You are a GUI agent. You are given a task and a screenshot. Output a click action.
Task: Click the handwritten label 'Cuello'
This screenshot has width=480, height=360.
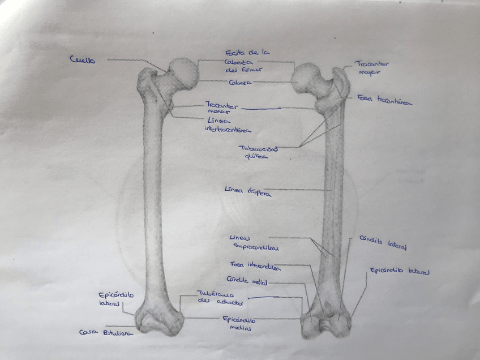pos(83,59)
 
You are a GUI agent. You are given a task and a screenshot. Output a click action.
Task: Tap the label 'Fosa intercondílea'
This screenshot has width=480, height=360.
pos(252,264)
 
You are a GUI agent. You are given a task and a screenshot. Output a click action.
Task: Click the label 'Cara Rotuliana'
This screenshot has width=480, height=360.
pos(106,333)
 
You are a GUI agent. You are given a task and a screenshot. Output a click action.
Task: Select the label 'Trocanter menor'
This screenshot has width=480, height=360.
pos(222,107)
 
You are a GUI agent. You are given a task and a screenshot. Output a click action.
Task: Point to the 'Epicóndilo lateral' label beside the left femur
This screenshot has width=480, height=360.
pos(116,298)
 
